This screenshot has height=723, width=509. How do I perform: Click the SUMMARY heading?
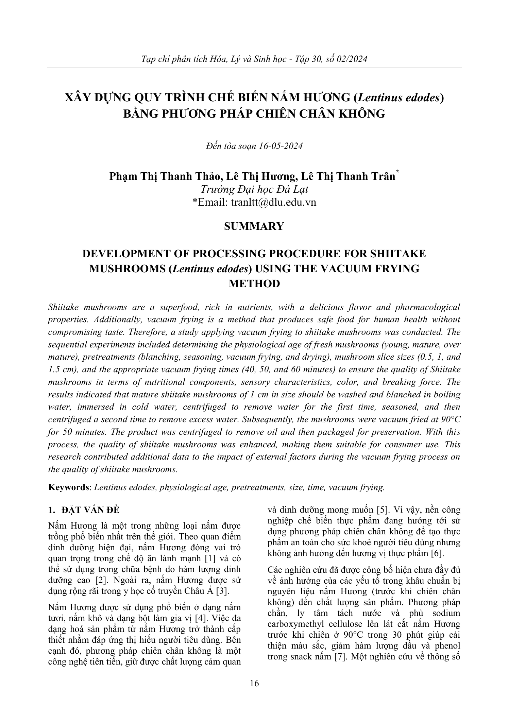tap(254, 226)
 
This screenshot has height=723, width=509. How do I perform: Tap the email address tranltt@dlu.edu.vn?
tap(273, 203)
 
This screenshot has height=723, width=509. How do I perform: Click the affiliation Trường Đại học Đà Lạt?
tap(254, 190)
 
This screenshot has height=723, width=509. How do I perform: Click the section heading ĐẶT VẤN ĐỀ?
tap(90, 510)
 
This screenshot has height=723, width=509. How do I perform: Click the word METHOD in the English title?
tap(254, 283)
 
